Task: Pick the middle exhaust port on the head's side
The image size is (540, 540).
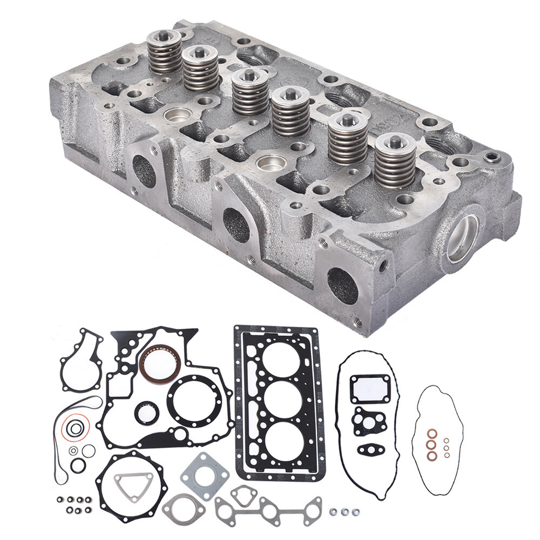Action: pyautogui.click(x=236, y=225)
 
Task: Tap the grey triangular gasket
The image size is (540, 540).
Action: pyautogui.click(x=131, y=488)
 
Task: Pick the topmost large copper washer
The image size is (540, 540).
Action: pyautogui.click(x=433, y=434)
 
